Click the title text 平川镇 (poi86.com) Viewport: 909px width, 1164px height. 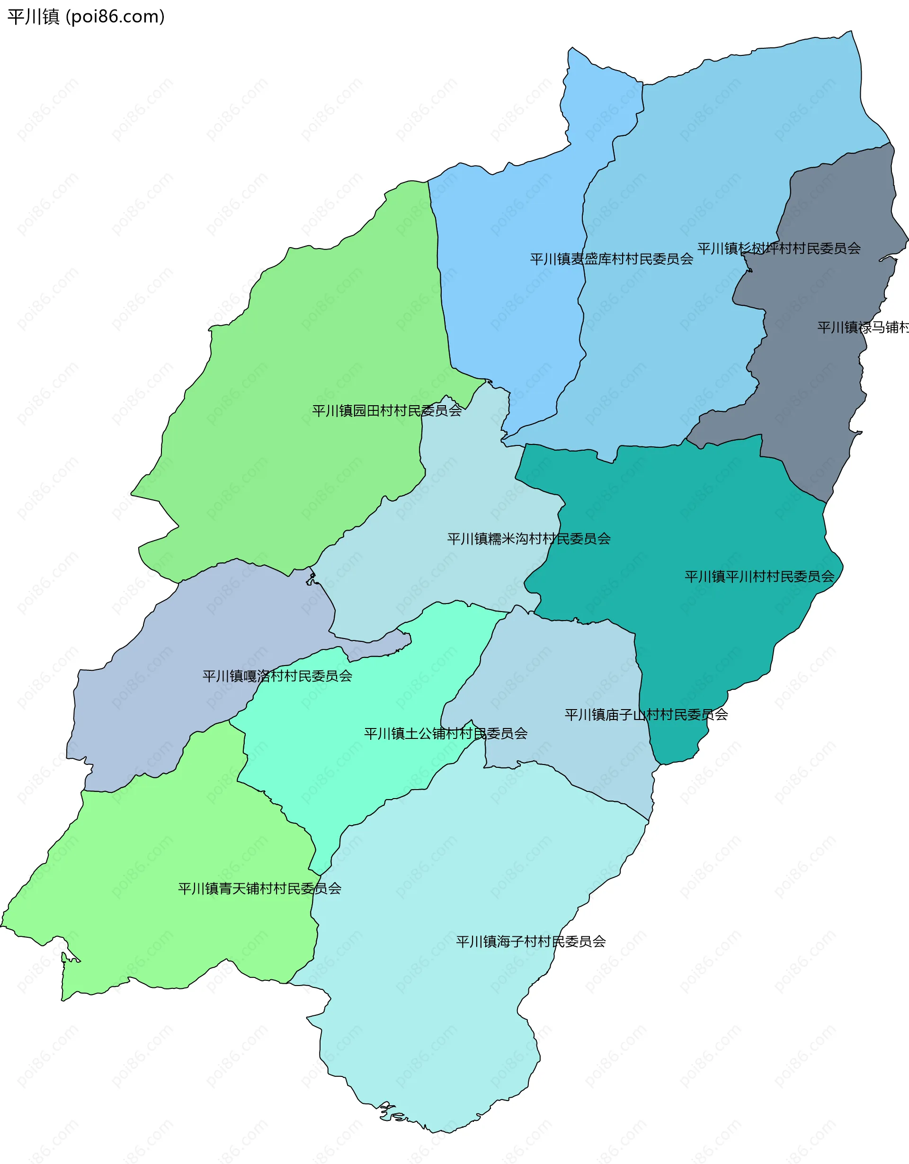86,17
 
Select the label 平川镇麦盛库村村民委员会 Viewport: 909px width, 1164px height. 611,259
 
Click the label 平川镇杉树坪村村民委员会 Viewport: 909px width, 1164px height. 779,249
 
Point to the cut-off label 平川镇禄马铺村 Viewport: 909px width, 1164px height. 862,327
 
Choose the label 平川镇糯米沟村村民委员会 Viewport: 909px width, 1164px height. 528,539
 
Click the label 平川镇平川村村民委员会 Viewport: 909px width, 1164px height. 759,577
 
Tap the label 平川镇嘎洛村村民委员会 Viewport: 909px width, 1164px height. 277,676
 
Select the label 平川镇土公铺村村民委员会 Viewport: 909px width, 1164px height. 446,734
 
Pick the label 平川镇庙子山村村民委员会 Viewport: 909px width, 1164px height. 646,715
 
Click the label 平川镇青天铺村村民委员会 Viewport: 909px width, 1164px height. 259,889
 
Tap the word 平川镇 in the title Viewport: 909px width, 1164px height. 33,17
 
